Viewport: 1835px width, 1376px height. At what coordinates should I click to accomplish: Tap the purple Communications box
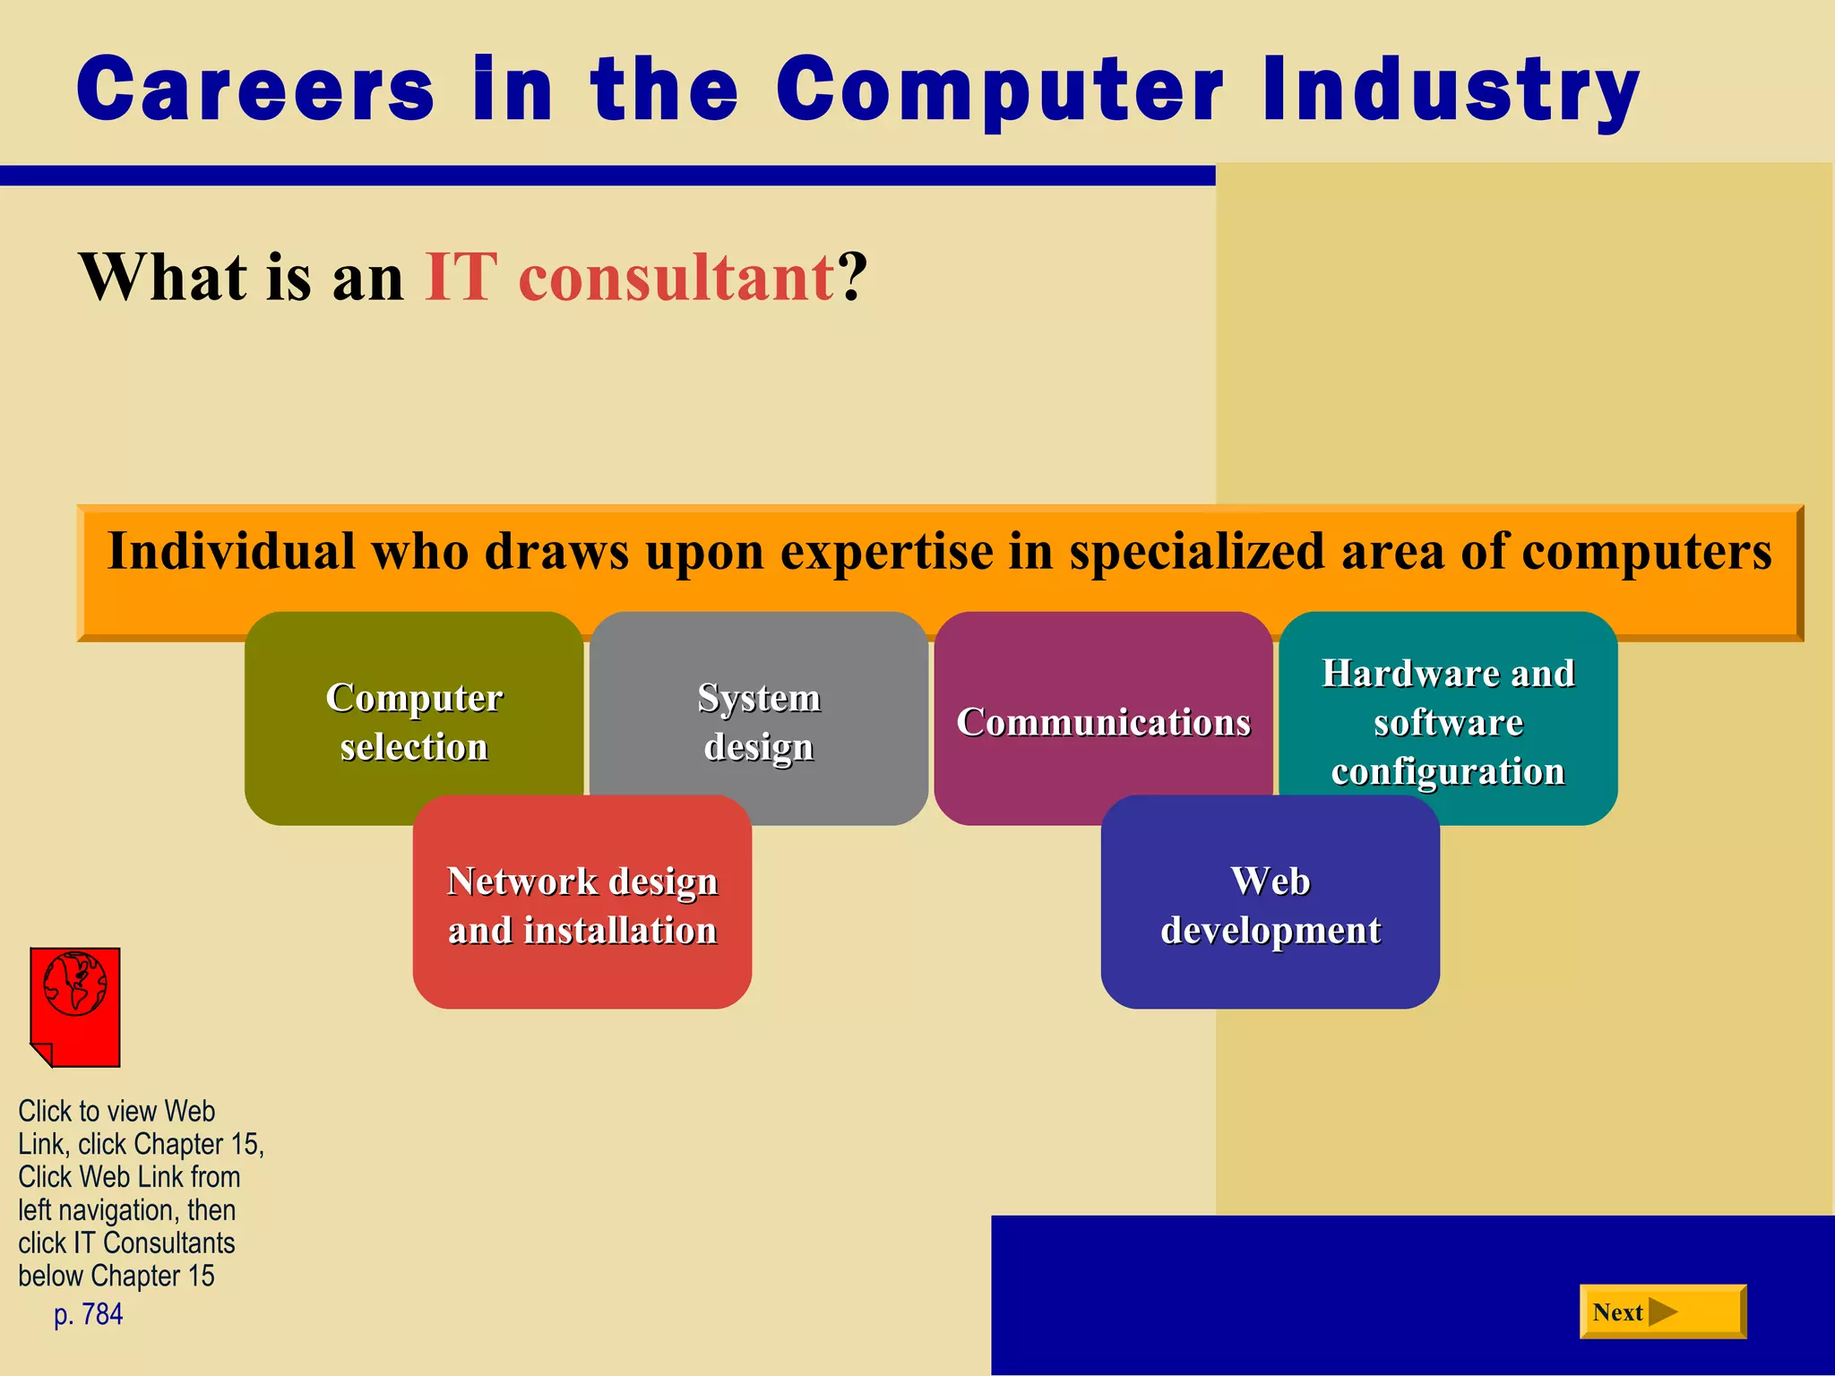[x=1103, y=722]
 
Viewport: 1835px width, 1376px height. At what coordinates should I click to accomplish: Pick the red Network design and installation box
[x=582, y=905]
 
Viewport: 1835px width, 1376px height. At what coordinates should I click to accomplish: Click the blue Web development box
[x=1270, y=905]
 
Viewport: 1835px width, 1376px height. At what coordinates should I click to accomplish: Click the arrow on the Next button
[x=1662, y=1312]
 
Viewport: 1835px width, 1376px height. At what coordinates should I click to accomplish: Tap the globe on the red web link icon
[x=75, y=984]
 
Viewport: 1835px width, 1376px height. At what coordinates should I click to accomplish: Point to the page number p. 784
[x=88, y=1314]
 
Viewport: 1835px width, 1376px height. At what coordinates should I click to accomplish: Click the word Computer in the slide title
[x=999, y=90]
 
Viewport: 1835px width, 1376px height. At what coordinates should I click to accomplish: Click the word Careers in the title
[x=255, y=90]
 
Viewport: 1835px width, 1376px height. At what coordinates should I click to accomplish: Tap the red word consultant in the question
[x=676, y=278]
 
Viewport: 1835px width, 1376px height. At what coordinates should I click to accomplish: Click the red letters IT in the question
[x=461, y=278]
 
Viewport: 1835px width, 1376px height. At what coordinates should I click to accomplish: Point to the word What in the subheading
[x=161, y=278]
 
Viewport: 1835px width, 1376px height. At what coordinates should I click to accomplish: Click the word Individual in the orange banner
[x=231, y=550]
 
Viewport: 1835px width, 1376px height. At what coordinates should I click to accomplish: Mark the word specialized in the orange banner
[x=1196, y=552]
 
